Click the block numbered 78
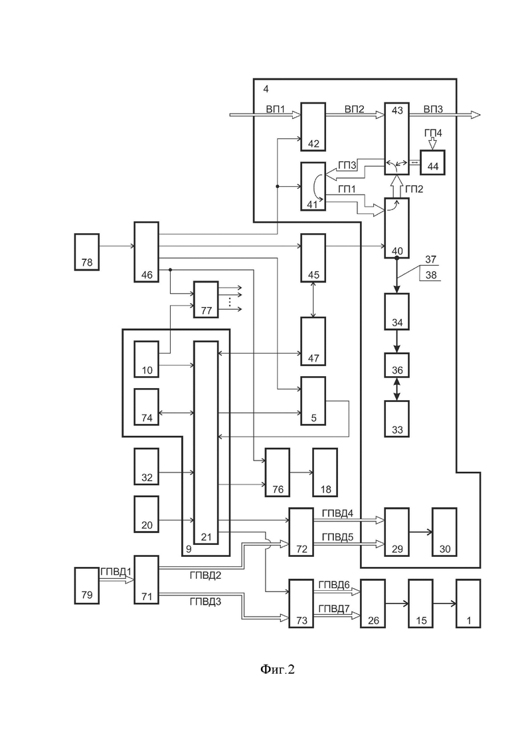coord(87,253)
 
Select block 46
coord(147,253)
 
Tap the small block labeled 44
coord(432,162)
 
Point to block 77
coord(206,300)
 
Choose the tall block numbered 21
coord(206,442)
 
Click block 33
coord(397,419)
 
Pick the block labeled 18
coord(325,472)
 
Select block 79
coord(87,585)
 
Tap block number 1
coord(468,603)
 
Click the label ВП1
coord(276,110)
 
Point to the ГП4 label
coord(433,133)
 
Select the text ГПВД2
coord(205,576)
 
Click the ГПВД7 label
coord(334,609)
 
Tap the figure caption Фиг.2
coord(278,670)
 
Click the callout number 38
coord(431,275)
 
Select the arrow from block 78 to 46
coord(117,245)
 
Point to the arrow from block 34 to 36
coord(397,342)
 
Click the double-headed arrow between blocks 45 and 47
coord(313,300)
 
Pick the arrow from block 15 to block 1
coord(445,603)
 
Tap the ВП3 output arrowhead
coord(475,114)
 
